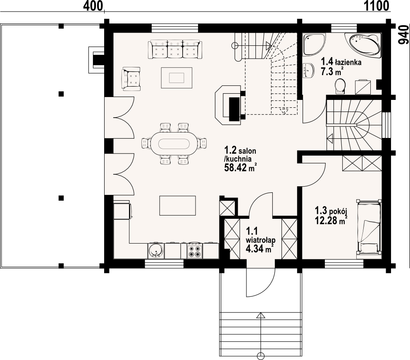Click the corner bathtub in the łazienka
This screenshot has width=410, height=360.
pyautogui.click(x=363, y=44)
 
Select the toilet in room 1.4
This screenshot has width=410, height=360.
pyautogui.click(x=340, y=86)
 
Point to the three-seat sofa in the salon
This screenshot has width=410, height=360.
pyautogui.click(x=175, y=49)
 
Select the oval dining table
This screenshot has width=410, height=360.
pyautogui.click(x=174, y=143)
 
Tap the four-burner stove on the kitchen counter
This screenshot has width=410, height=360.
pyautogui.click(x=195, y=251)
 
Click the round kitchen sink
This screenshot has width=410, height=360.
pyautogui.click(x=156, y=251)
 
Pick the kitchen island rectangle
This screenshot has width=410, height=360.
pyautogui.click(x=178, y=206)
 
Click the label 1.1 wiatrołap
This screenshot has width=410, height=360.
pyautogui.click(x=260, y=235)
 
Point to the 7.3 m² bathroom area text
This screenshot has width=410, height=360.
pyautogui.click(x=332, y=71)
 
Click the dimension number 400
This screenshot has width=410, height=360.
pyautogui.click(x=93, y=6)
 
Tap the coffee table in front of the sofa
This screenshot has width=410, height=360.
pyautogui.click(x=176, y=78)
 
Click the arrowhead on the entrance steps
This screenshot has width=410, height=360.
pyautogui.click(x=261, y=315)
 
